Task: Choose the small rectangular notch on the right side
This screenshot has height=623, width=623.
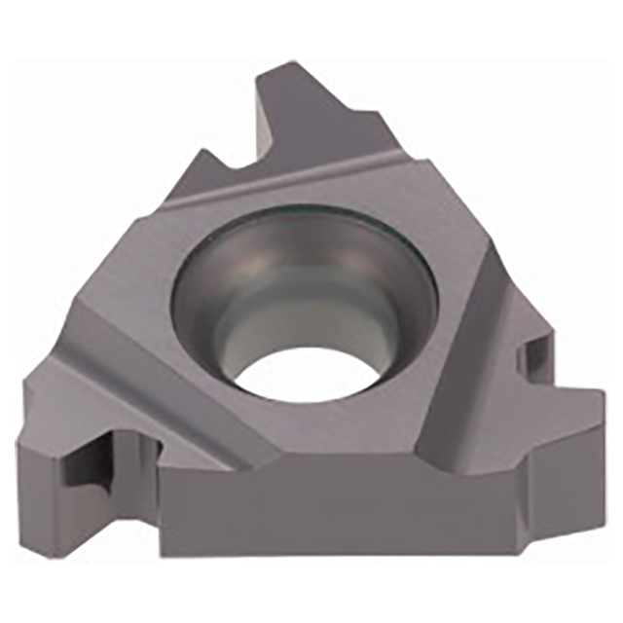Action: [533, 355]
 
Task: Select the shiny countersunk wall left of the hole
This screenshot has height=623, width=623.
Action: [200, 311]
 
